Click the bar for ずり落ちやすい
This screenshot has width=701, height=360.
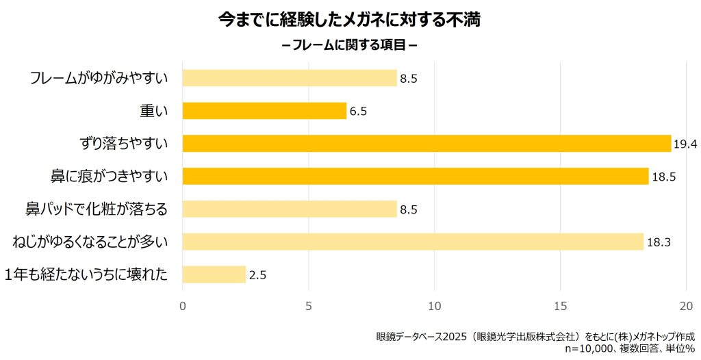pos(426,143)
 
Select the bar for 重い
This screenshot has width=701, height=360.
pos(264,110)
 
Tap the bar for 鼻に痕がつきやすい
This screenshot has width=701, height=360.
pos(415,176)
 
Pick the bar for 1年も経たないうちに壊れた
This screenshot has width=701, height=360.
pos(214,274)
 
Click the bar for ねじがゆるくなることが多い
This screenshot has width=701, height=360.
pos(413,242)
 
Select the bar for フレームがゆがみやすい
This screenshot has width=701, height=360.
pos(290,78)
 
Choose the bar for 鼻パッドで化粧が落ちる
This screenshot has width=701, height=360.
pos(290,209)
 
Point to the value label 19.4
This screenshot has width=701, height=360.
pos(685,144)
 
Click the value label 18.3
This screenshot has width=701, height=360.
pos(659,242)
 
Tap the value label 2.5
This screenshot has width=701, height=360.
pos(257,275)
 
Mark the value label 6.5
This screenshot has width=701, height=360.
pos(359,111)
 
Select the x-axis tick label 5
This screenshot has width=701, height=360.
pos(309,305)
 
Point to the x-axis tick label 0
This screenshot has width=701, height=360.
pos(183,305)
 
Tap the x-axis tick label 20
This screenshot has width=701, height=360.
pos(687,305)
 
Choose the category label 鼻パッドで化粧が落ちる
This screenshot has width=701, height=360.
pos(97,209)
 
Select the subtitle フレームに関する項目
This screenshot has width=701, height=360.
pos(350,46)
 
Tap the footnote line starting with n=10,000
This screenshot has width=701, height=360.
pos(630,348)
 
